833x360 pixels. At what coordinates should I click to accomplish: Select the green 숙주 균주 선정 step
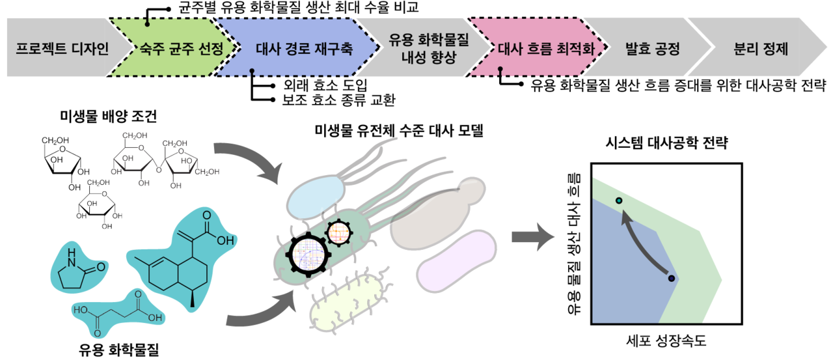[178, 49]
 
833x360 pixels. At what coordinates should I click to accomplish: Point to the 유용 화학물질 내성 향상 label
[424, 48]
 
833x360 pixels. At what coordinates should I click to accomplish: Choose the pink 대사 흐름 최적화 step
[546, 49]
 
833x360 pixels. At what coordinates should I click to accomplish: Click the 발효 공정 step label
[652, 49]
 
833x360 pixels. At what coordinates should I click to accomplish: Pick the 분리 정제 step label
[761, 49]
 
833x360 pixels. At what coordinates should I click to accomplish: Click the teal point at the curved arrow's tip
[619, 201]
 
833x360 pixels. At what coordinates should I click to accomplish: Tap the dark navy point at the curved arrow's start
[671, 279]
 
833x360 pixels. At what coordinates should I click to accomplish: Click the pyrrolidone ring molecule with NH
[78, 268]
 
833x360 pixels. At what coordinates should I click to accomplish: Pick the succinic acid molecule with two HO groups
[118, 314]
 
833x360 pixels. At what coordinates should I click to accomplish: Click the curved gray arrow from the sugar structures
[251, 159]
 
